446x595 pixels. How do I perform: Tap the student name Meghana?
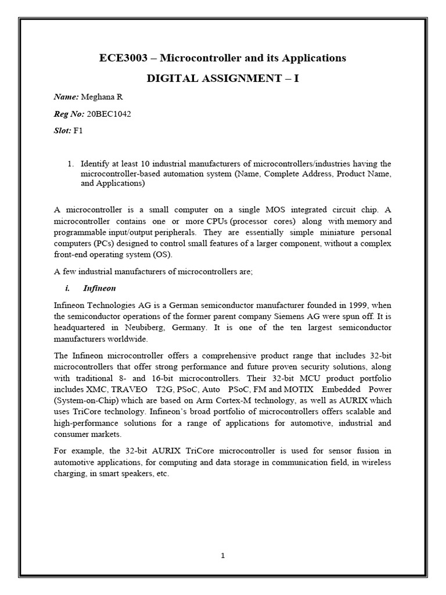(99, 97)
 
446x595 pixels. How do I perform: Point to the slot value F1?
(78, 131)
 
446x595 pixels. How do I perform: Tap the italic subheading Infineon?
(100, 288)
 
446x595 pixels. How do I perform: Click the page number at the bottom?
(222, 555)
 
